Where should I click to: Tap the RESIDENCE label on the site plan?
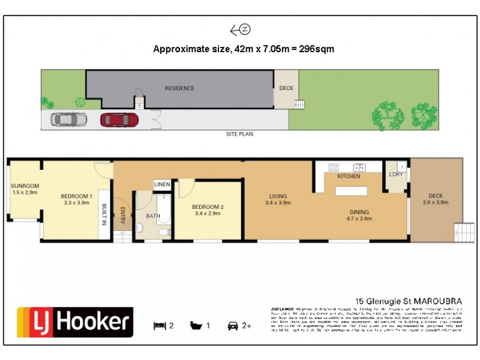point(180,88)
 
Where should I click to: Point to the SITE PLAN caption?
point(239,134)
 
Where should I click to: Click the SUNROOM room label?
point(25,189)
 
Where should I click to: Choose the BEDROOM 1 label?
point(76,199)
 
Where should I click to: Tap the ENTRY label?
point(122,215)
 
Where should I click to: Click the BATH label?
point(153,216)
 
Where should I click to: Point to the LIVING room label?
point(278,199)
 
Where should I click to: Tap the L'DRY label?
point(396,174)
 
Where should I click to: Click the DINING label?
point(360,215)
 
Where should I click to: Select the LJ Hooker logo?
point(74,323)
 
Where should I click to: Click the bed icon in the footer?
point(159,326)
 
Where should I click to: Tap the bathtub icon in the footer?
point(196,326)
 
